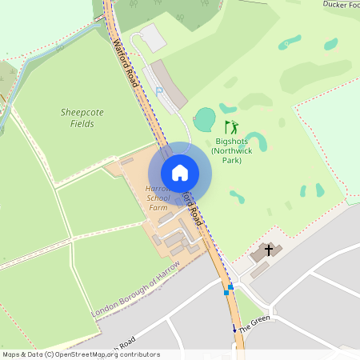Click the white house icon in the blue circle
180,173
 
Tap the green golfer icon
231,127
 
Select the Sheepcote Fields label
82,118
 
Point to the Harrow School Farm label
157,198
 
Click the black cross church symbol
269,250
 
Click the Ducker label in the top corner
341,4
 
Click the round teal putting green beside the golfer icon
206,120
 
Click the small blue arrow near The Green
234,327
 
